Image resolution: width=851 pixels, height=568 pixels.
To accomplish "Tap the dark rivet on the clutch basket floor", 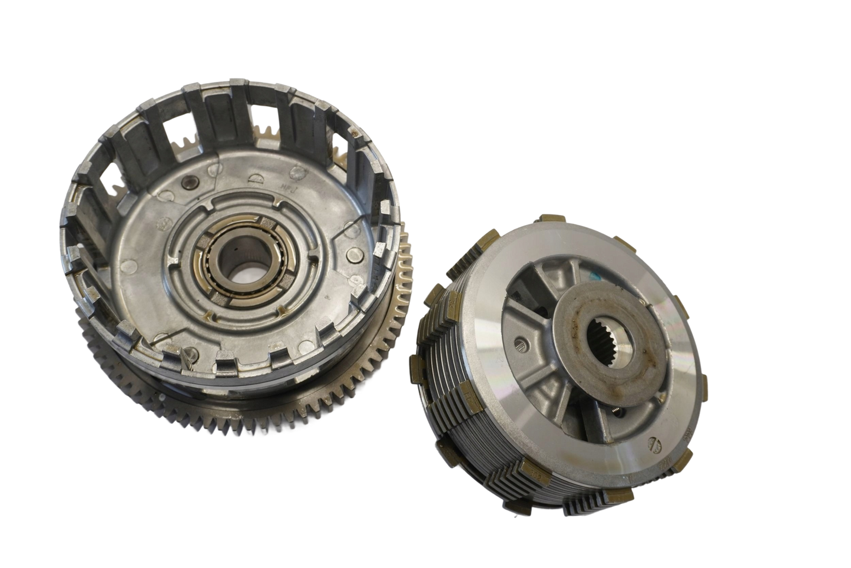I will point(187,183).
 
